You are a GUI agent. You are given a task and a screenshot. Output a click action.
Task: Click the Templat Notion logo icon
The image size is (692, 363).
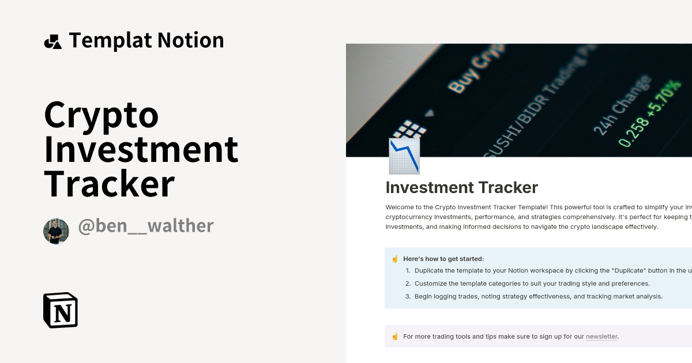tap(52, 41)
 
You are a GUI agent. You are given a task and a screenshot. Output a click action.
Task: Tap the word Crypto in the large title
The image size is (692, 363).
tap(101, 115)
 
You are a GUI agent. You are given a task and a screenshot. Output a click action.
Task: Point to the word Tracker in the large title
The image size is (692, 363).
tap(109, 184)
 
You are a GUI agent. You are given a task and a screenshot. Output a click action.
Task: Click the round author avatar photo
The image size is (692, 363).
tap(56, 231)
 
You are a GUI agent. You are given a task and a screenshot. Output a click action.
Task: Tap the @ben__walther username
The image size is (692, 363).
tap(146, 226)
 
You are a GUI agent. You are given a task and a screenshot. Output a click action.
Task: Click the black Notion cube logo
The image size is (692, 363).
tap(61, 310)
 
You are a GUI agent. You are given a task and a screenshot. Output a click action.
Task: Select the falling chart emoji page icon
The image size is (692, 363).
tap(404, 156)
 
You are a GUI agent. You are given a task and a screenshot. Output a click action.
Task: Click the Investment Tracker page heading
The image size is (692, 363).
tap(461, 188)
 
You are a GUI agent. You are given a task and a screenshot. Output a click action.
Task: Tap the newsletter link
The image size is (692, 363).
tap(601, 336)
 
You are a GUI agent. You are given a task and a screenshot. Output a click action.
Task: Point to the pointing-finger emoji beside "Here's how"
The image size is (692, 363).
tap(395, 259)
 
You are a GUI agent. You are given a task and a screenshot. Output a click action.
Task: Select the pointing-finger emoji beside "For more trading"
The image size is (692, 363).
tap(395, 336)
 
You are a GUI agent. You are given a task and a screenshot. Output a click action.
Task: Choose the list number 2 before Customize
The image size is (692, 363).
tap(408, 283)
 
